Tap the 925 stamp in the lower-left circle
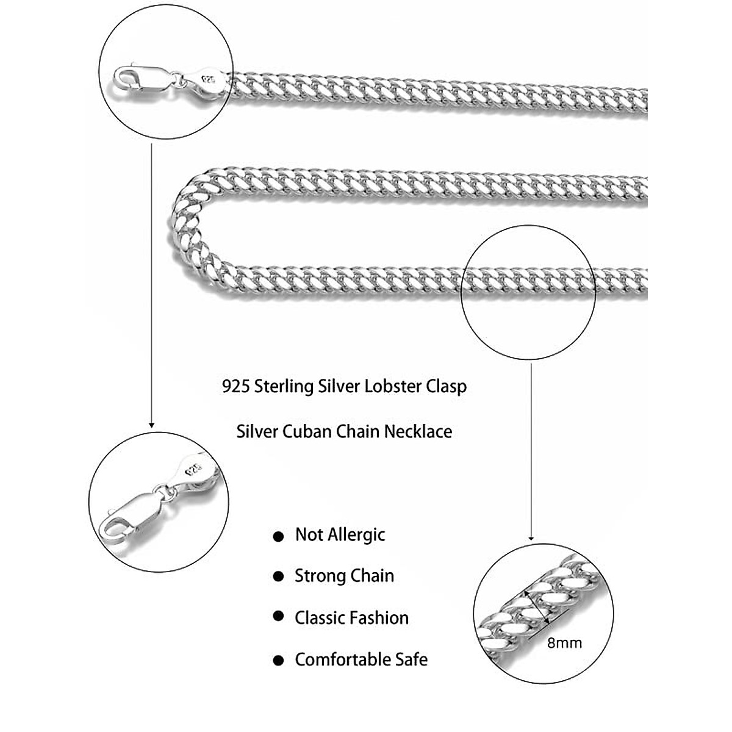[195, 469]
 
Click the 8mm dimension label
[564, 642]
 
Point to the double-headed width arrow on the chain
[537, 605]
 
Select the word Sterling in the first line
[284, 387]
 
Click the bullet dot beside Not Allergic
[278, 537]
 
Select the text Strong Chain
[344, 576]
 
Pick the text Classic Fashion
[351, 617]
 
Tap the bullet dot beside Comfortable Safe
[278, 661]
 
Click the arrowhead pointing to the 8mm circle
[531, 537]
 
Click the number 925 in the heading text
[236, 387]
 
